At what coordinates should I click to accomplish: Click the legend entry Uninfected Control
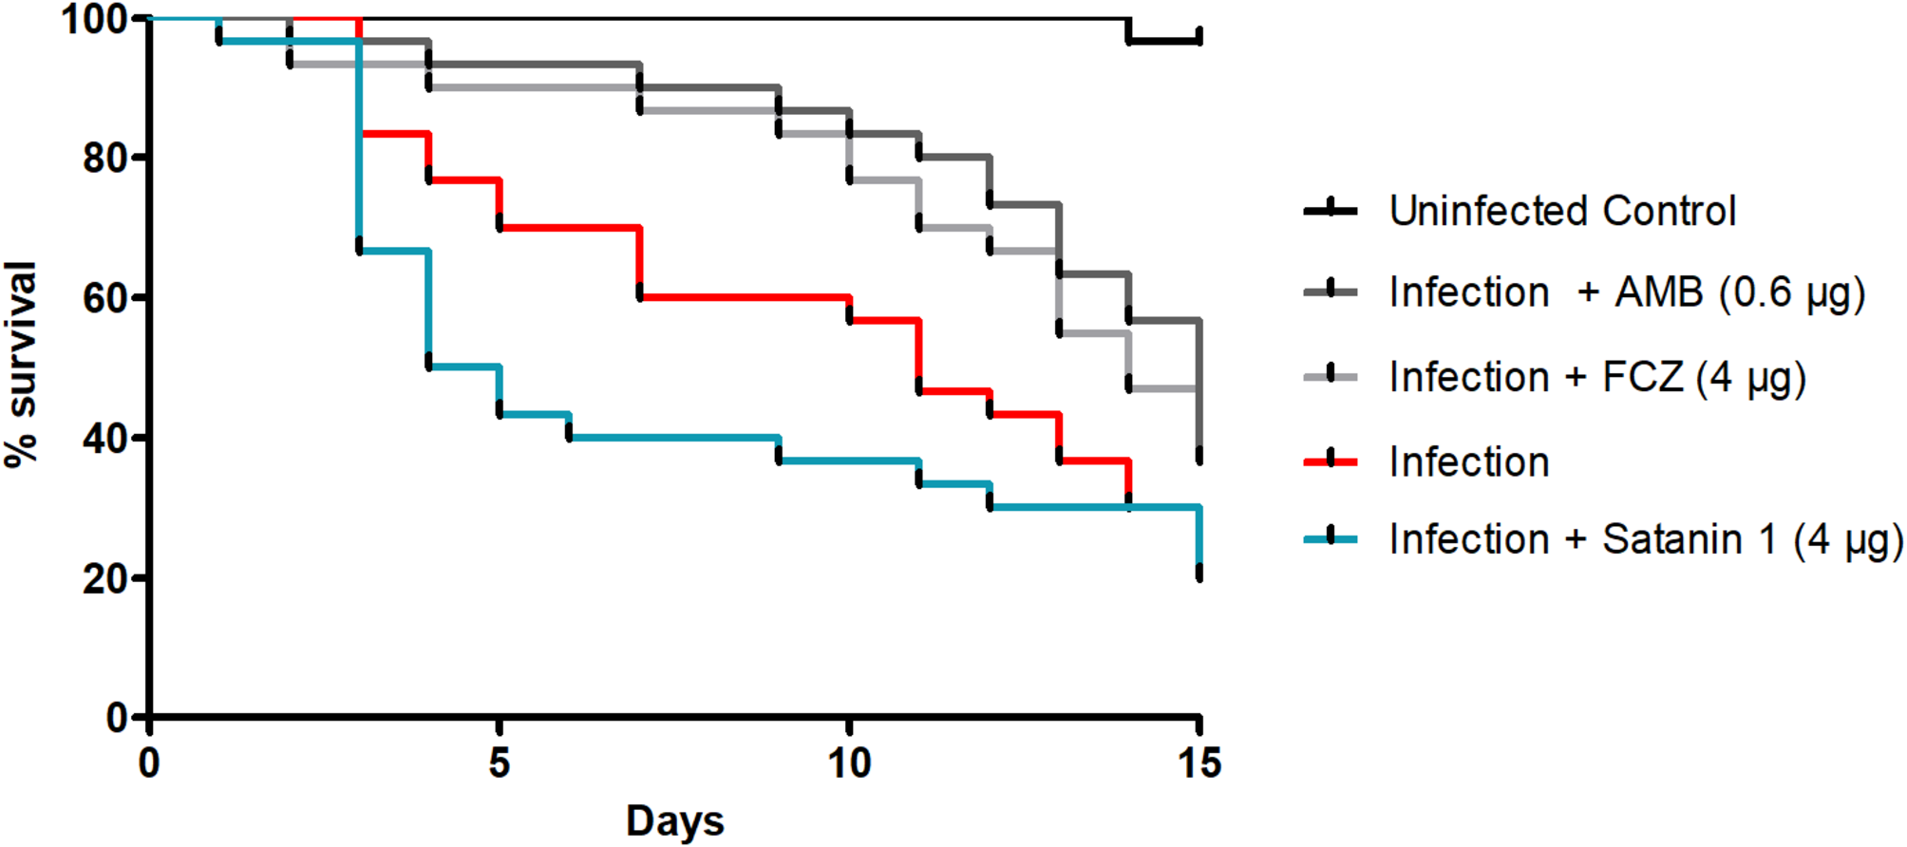(1562, 211)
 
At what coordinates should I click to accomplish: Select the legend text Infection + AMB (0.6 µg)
(1627, 292)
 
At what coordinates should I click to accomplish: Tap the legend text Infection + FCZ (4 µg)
(1596, 377)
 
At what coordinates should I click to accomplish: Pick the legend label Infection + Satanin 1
(1646, 539)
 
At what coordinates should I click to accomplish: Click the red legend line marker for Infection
(1330, 461)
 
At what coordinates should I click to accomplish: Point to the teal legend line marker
(1330, 538)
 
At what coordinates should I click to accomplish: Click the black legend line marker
(1330, 210)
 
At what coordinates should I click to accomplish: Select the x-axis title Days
(674, 820)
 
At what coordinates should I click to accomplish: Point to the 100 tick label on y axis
(95, 19)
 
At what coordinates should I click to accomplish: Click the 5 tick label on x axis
(500, 762)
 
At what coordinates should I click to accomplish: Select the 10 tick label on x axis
(848, 762)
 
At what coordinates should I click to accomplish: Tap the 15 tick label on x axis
(1199, 762)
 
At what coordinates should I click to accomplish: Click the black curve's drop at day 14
(1129, 30)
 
